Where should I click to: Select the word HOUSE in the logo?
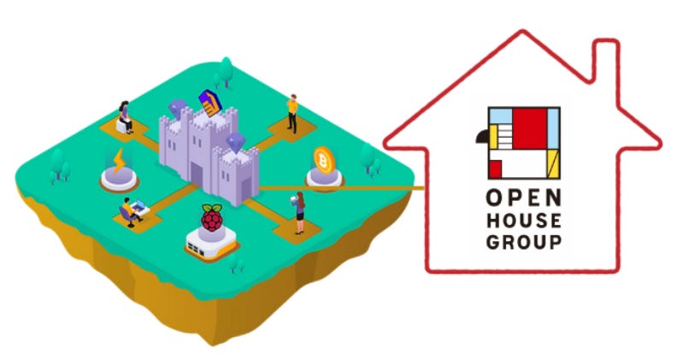click(x=524, y=220)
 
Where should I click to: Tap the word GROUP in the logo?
click(x=524, y=241)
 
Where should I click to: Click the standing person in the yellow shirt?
click(x=292, y=110)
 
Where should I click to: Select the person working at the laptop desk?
click(x=131, y=210)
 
